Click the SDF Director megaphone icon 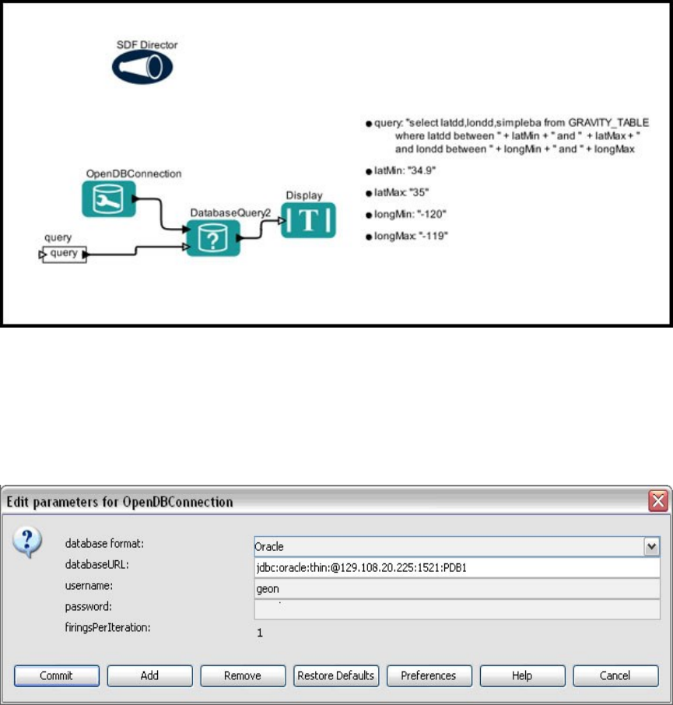(141, 68)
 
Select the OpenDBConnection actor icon (109, 198)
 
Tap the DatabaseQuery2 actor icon (212, 237)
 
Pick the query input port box (64, 254)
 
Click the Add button (149, 675)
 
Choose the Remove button (243, 675)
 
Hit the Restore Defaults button (336, 675)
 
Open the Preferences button (429, 675)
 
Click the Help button (522, 675)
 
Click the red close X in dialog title (658, 502)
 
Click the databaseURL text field (457, 568)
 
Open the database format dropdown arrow (652, 547)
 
